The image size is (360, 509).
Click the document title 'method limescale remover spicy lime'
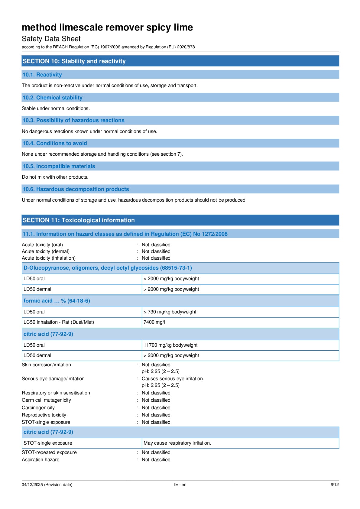pos(107,28)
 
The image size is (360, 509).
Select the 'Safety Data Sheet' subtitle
pos(51,39)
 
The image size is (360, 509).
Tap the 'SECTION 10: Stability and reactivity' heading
pos(74,61)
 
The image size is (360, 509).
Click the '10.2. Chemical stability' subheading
pos(52,98)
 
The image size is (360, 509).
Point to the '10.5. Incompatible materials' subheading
pos(59,166)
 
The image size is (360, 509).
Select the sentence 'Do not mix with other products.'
pos(55,177)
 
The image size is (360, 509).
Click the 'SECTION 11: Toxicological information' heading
pos(79,220)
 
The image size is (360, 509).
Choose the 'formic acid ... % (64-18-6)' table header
pos(57,301)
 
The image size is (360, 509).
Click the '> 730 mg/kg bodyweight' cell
pos(170,312)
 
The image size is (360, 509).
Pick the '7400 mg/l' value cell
pos(154,322)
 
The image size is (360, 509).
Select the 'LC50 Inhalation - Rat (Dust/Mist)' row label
pos(59,322)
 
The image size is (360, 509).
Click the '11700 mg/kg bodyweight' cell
pos(170,345)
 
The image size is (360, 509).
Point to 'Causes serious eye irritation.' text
pos(173,379)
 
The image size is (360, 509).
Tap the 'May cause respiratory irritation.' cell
pos(177,443)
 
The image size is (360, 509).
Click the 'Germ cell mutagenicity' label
pos(46,400)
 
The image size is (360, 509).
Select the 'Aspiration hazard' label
pos(41,460)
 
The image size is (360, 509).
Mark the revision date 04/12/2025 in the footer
pos(32,485)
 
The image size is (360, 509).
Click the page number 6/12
pos(334,485)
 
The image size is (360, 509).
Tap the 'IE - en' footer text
pos(180,485)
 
